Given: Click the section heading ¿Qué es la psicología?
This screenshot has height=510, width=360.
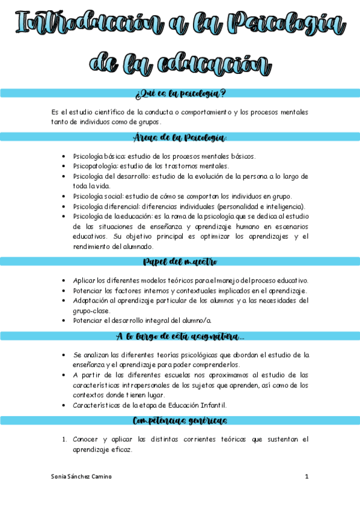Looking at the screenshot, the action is point(180,93).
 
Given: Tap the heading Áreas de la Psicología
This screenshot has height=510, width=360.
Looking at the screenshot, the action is point(180,137).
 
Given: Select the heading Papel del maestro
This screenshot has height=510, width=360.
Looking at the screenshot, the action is point(180,262).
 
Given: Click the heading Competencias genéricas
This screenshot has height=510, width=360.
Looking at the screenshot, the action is point(180,420).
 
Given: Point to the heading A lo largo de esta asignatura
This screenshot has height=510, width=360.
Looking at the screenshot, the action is point(180,336).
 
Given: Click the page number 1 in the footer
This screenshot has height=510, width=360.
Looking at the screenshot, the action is point(307,477).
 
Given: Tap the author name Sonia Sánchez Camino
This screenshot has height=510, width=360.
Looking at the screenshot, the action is point(82,477).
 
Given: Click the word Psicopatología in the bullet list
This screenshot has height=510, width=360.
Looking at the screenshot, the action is point(95,166).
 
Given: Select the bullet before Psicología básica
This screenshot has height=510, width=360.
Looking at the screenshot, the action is point(64,156).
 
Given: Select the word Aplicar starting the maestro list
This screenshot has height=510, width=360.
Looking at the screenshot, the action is point(84,281).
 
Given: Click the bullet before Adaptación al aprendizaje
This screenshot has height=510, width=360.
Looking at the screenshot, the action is point(64,300).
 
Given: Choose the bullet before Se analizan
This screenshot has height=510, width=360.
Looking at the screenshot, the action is point(64,355).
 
